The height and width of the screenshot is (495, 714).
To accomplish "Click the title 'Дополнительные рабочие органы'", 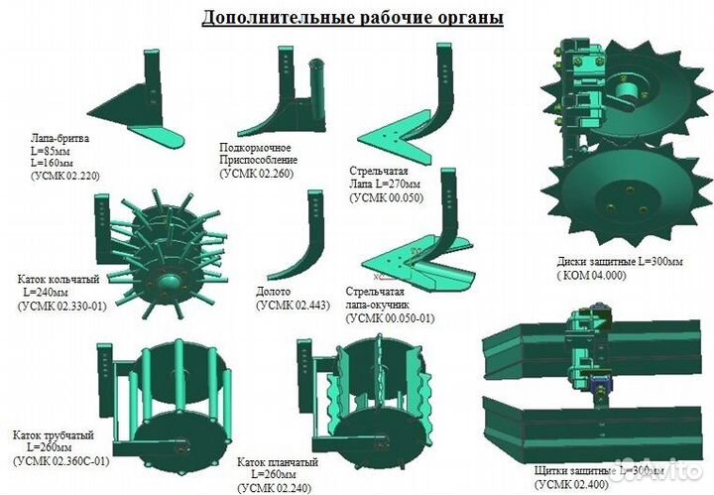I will click(352, 18).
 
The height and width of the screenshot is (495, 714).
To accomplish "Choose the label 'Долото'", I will click(273, 293).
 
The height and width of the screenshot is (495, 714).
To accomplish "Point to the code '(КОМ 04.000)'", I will click(591, 276).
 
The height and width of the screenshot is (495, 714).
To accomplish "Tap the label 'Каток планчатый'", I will click(277, 462).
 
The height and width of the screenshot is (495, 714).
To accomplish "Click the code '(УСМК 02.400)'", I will click(572, 483).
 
